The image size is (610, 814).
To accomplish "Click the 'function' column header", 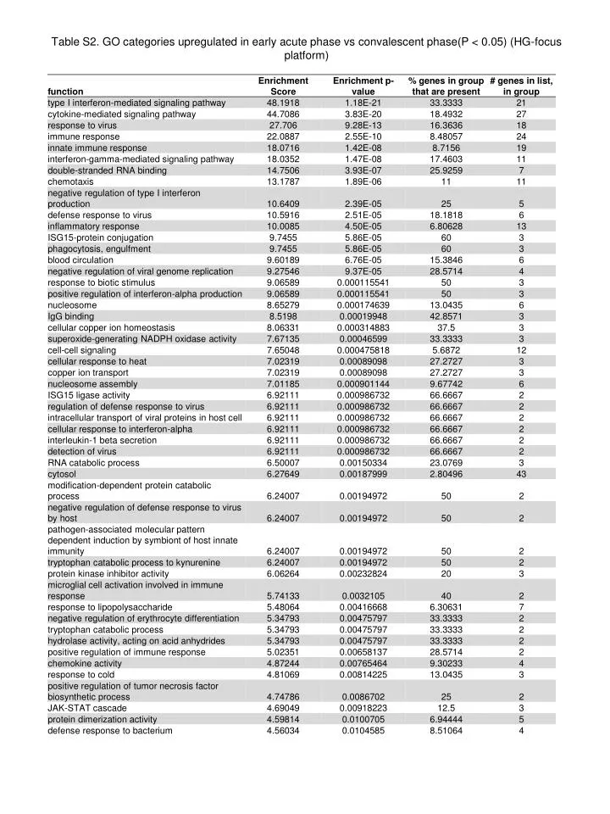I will (x=65, y=92).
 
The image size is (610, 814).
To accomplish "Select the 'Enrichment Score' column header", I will (x=282, y=86).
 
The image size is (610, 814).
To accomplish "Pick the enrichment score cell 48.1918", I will (x=282, y=103).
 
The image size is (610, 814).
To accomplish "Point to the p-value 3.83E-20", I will (x=363, y=114).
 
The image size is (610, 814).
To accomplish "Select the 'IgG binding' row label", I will (x=71, y=315).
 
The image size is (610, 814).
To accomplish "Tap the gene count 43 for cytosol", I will (x=521, y=474).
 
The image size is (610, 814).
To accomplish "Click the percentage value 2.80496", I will (x=446, y=474).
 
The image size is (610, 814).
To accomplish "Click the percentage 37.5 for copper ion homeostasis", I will (x=446, y=327).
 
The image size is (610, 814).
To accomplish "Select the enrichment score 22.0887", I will (x=282, y=137).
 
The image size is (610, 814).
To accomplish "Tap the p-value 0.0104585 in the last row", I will (x=363, y=730).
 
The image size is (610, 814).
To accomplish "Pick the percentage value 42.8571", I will (x=446, y=315).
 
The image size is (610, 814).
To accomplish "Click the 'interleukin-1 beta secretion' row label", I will (x=103, y=440).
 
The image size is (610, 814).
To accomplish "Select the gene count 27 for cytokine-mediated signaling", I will (x=521, y=114).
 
